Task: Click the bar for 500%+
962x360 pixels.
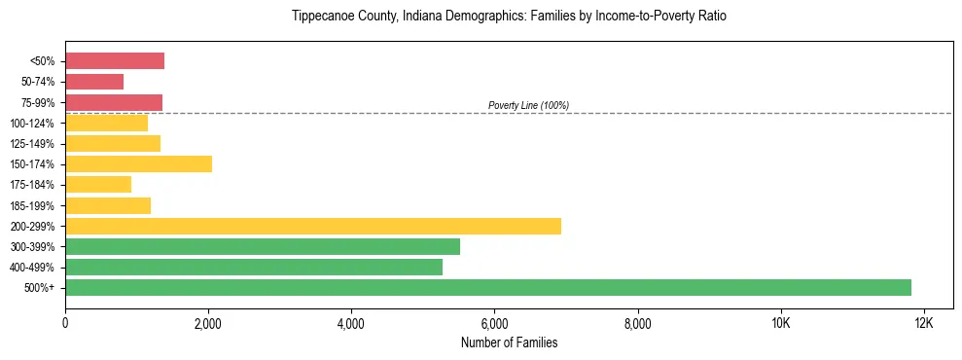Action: [488, 287]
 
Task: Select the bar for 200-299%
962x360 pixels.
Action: [313, 226]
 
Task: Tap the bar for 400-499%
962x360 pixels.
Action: [254, 267]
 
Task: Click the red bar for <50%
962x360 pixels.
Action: [115, 61]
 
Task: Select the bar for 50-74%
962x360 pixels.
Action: [94, 82]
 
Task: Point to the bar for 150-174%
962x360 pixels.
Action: [138, 163]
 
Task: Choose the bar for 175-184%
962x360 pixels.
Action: [98, 185]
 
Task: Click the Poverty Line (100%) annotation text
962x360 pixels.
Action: [528, 105]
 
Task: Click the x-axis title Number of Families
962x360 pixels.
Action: [509, 342]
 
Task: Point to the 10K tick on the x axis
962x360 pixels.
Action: [781, 322]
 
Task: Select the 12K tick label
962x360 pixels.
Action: [924, 322]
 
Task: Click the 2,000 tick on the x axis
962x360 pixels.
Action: [208, 322]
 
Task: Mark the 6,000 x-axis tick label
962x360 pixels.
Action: [494, 322]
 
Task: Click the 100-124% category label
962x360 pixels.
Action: [33, 124]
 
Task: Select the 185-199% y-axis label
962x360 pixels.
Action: [33, 205]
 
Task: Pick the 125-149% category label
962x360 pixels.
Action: [33, 144]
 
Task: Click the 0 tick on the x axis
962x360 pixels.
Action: [65, 322]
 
